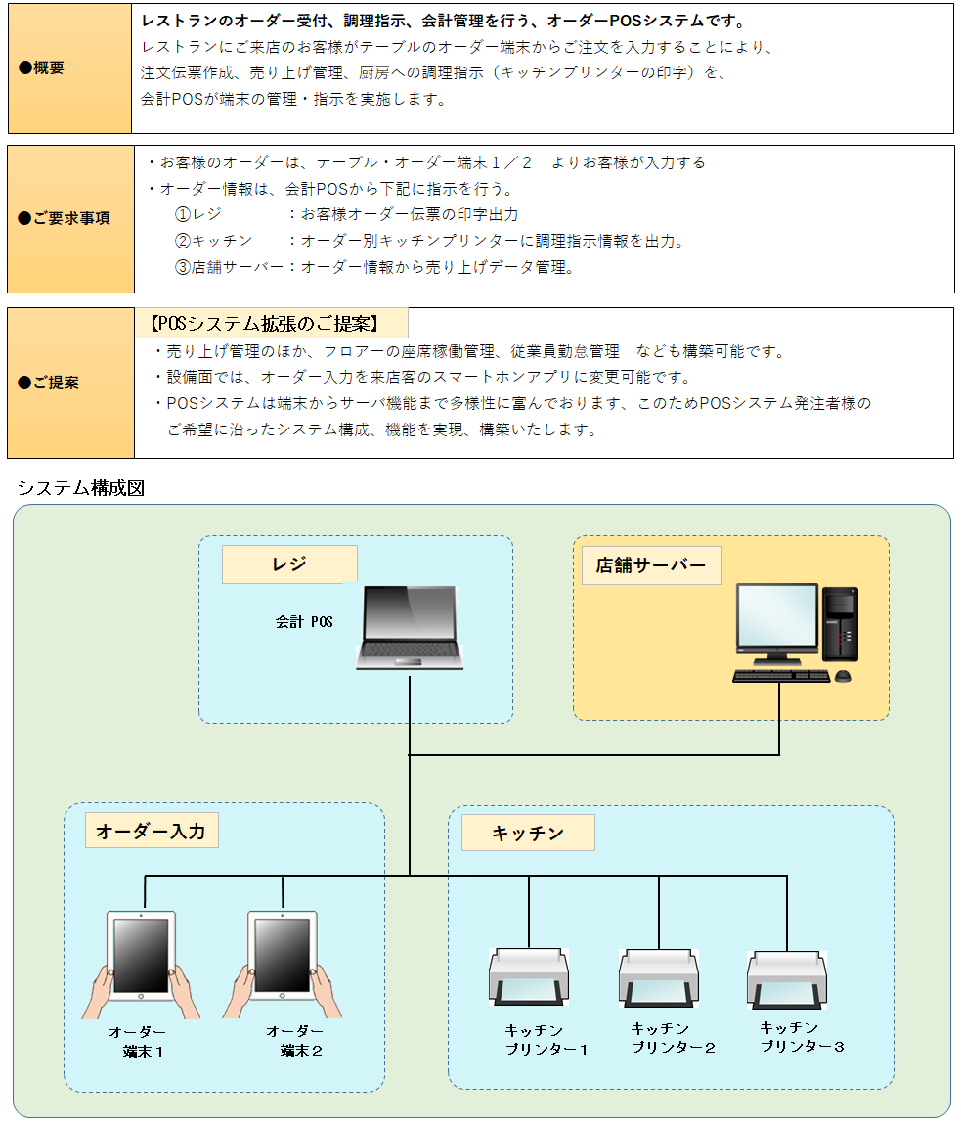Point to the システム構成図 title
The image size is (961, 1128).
80,488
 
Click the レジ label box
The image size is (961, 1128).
289,564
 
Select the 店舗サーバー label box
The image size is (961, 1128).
651,565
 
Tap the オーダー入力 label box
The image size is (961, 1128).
151,832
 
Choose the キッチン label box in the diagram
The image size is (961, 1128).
528,833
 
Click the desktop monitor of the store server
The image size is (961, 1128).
777,620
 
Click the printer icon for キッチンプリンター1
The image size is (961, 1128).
528,976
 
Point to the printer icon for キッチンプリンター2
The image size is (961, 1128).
658,976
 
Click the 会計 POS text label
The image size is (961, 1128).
305,621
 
